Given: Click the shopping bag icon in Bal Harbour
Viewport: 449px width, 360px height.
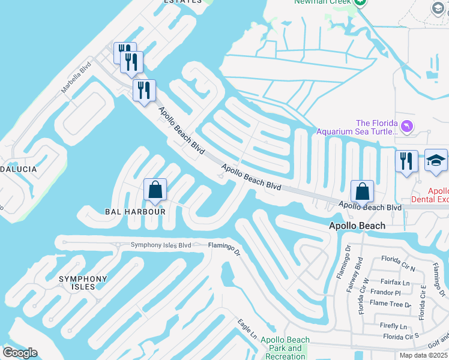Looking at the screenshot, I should (155, 190).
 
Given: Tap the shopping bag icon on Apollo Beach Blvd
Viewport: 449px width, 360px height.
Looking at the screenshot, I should (363, 191).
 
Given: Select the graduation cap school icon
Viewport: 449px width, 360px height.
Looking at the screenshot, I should (436, 161).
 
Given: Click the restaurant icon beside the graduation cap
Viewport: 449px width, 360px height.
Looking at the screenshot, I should (406, 161).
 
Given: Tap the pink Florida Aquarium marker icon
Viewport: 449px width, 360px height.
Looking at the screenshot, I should (408, 126).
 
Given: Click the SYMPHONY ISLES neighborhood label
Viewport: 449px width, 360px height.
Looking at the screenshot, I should (83, 283).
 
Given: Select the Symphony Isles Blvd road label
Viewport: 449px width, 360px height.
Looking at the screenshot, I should (161, 245).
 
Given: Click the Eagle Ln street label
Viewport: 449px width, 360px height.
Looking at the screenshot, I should (246, 329).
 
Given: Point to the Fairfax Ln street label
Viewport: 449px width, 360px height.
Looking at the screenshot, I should (394, 282).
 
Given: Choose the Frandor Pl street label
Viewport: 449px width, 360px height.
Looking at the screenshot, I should (385, 293).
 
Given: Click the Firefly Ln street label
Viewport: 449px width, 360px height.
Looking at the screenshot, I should (394, 326).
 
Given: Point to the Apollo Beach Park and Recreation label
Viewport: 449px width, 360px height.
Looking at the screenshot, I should (285, 349).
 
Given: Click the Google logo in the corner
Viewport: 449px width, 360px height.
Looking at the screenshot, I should (20, 353).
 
